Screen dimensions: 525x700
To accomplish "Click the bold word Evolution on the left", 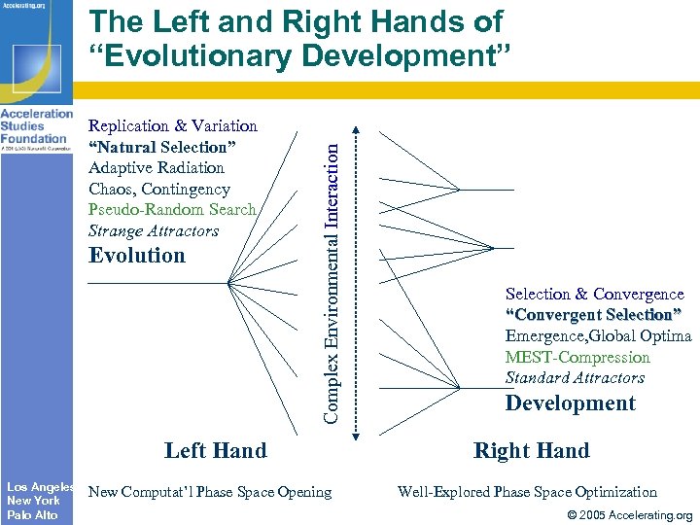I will pos(136,256).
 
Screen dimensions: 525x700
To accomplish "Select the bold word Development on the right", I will pos(570,403).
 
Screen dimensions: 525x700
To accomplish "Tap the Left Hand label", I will pos(215,450).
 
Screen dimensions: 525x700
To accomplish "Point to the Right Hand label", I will pos(531,450).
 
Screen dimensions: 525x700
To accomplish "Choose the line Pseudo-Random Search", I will pos(172,210).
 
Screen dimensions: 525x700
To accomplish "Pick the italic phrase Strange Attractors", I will pos(154,231).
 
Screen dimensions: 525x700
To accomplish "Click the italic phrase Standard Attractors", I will pos(575,378).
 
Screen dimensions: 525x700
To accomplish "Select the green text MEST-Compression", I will pos(577,357).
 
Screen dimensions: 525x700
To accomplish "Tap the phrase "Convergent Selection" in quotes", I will pos(593,315).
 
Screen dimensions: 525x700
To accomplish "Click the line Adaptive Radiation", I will pos(156,168).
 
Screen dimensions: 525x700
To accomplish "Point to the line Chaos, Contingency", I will pos(158,190).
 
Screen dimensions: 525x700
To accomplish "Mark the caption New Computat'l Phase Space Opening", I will pos(210,492).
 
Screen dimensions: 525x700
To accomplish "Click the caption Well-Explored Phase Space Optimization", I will pos(527,492).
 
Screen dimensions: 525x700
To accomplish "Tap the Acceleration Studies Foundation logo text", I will pos(37,126).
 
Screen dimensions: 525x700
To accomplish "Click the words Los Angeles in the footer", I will pos(40,486).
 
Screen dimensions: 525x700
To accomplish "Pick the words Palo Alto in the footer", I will pos(32,514).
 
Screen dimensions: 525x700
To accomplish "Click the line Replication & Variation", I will pos(172,126).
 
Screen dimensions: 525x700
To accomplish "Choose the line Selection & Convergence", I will pos(594,294).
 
